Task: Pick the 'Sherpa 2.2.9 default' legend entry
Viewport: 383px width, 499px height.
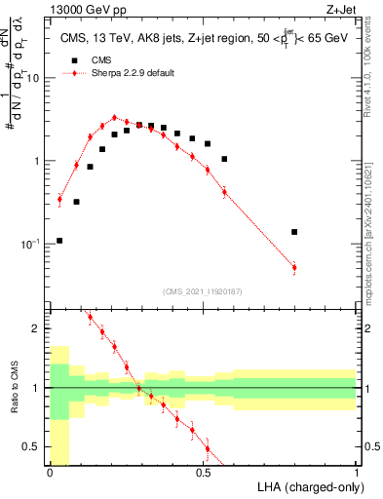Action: click(x=134, y=73)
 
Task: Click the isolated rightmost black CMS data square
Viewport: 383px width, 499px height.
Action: click(x=293, y=232)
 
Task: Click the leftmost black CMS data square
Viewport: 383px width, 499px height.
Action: click(x=59, y=240)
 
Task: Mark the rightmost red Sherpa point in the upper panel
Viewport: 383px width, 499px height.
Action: click(x=293, y=267)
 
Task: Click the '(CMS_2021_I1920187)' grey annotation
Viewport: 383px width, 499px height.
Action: click(x=203, y=290)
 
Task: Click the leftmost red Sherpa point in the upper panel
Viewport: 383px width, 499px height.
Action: click(x=59, y=200)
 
